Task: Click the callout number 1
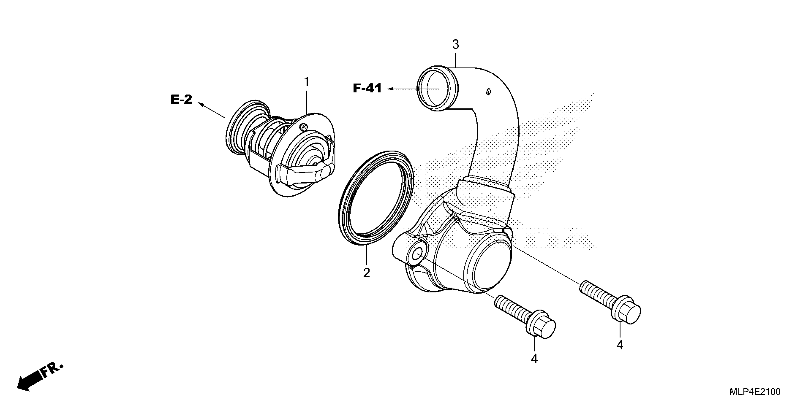[x=306, y=82]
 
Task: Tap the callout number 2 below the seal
[x=366, y=273]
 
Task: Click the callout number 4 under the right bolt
[x=620, y=345]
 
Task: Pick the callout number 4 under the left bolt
[x=534, y=359]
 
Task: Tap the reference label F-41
[x=367, y=88]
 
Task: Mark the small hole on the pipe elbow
[x=488, y=91]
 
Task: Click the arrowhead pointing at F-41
[x=391, y=89]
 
